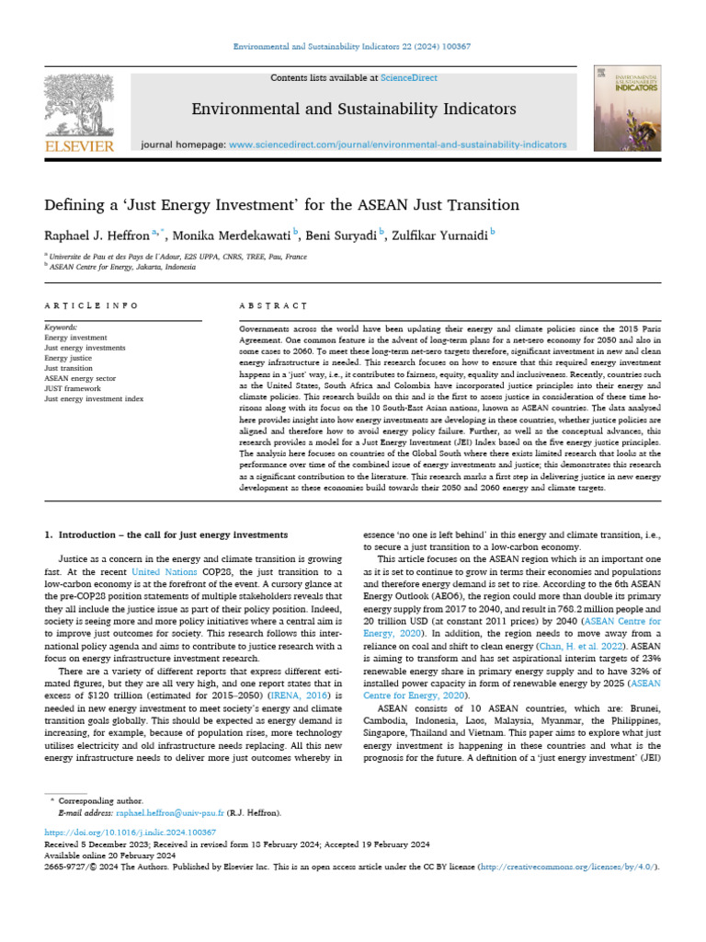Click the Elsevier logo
(80, 114)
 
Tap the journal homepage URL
(397, 144)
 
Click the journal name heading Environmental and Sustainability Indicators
(354, 109)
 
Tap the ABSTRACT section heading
(272, 304)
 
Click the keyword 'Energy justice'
(68, 358)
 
